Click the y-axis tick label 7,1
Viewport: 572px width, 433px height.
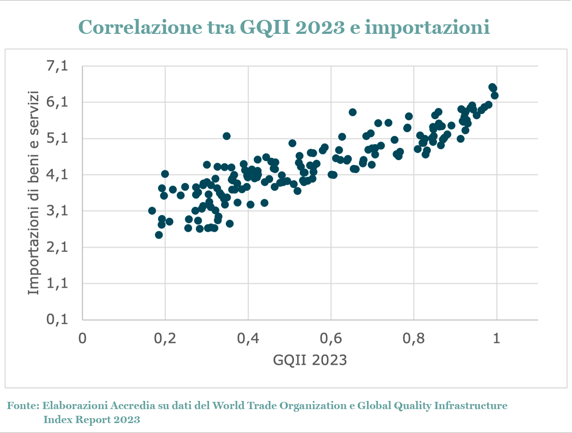57,66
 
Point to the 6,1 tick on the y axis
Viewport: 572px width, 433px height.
57,102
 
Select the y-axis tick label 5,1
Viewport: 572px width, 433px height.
57,138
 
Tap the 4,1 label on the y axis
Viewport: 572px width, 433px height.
57,175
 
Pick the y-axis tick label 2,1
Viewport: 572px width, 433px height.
57,247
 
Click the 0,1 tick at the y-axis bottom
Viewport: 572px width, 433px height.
57,320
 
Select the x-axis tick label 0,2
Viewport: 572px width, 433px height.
165,338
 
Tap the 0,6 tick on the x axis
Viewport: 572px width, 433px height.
330,338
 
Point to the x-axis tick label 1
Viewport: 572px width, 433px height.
496,338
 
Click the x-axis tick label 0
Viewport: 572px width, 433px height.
82,338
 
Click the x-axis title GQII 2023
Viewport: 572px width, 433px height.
310,360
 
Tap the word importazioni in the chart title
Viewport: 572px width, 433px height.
427,27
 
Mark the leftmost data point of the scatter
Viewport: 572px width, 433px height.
152,211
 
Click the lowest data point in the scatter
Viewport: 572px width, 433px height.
159,235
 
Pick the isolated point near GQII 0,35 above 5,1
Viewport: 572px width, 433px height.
227,136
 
